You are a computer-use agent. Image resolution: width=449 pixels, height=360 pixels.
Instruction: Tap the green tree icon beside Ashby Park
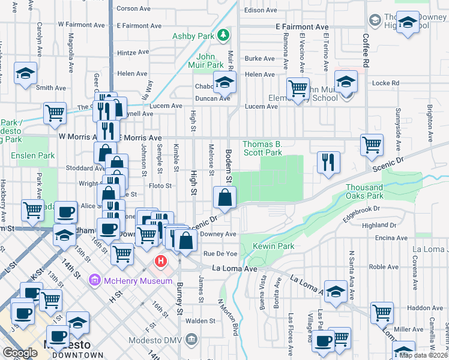click(x=223, y=35)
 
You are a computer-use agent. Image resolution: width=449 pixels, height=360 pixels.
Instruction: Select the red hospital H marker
click(x=161, y=261)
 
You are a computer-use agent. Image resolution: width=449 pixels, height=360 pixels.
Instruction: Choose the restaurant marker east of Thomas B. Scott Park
click(x=328, y=162)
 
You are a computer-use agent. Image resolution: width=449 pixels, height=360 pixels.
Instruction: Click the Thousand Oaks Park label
click(x=364, y=191)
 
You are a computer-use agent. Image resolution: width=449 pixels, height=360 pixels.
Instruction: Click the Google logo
click(x=20, y=353)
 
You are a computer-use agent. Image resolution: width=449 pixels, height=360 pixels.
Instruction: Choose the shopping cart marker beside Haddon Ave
click(x=382, y=313)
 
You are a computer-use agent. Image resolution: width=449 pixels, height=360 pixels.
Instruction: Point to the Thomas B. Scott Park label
click(x=262, y=148)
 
